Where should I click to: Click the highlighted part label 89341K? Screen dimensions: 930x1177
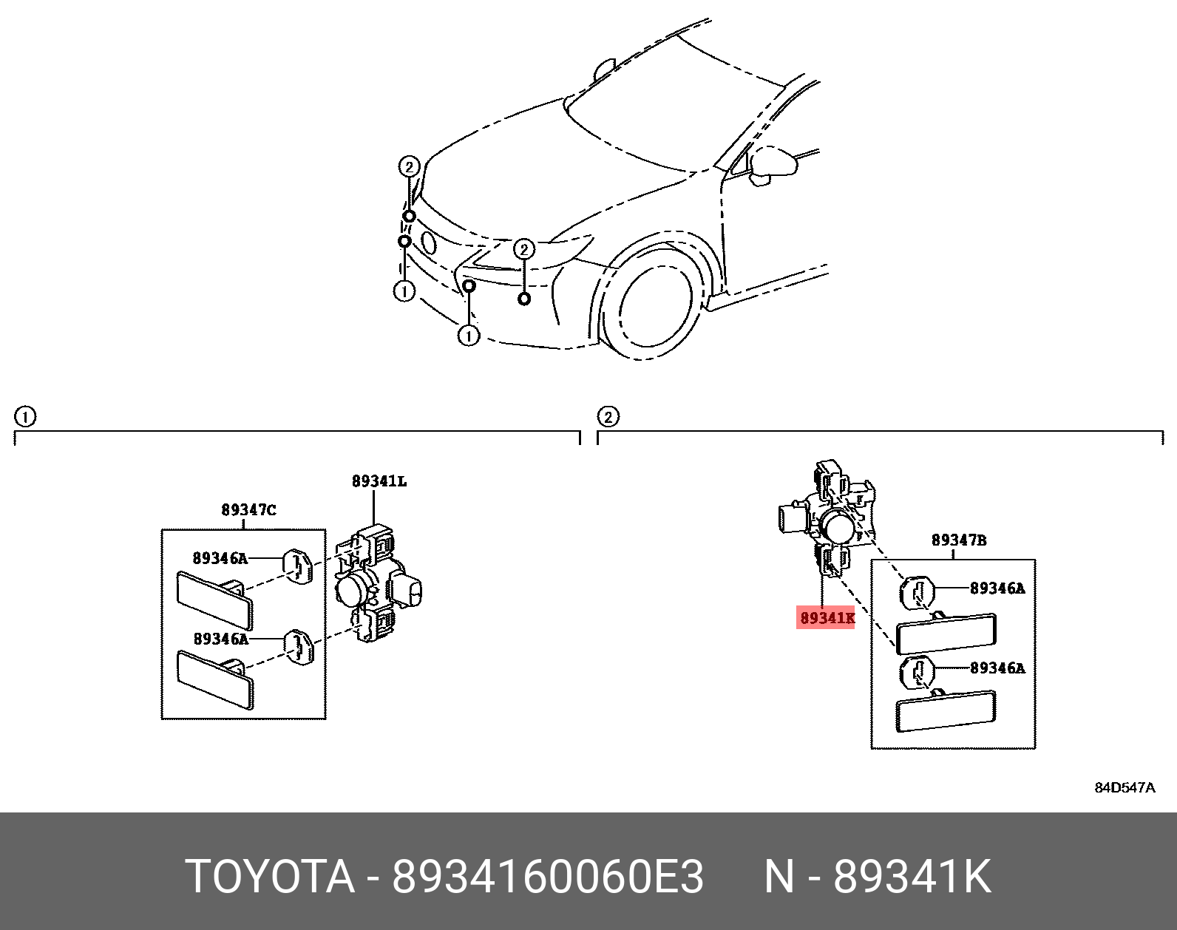[x=826, y=617]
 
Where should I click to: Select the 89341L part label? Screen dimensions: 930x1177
[x=379, y=481]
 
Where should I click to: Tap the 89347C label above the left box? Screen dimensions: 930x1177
[x=248, y=510]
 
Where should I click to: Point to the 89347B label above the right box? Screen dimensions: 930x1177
[x=958, y=540]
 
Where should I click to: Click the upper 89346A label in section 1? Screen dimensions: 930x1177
[x=220, y=559]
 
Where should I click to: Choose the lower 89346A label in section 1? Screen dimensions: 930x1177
[x=220, y=639]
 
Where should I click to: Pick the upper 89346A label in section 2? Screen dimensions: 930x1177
[x=997, y=588]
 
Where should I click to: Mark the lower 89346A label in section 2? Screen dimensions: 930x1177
[x=997, y=668]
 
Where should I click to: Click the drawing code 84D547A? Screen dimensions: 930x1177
[x=1125, y=787]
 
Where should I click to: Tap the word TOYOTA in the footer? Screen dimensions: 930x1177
[x=270, y=877]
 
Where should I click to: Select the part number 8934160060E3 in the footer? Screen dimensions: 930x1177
[x=547, y=877]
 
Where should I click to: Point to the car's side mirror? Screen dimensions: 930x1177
[x=773, y=164]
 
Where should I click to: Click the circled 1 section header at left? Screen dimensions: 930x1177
[x=24, y=417]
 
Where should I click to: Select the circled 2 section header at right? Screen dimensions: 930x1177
[x=607, y=417]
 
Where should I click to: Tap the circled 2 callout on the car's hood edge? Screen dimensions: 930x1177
[x=409, y=166]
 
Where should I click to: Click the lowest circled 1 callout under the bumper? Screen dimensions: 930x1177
[x=469, y=336]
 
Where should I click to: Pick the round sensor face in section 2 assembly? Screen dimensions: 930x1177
[x=839, y=528]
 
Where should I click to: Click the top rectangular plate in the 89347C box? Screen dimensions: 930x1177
[x=214, y=600]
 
